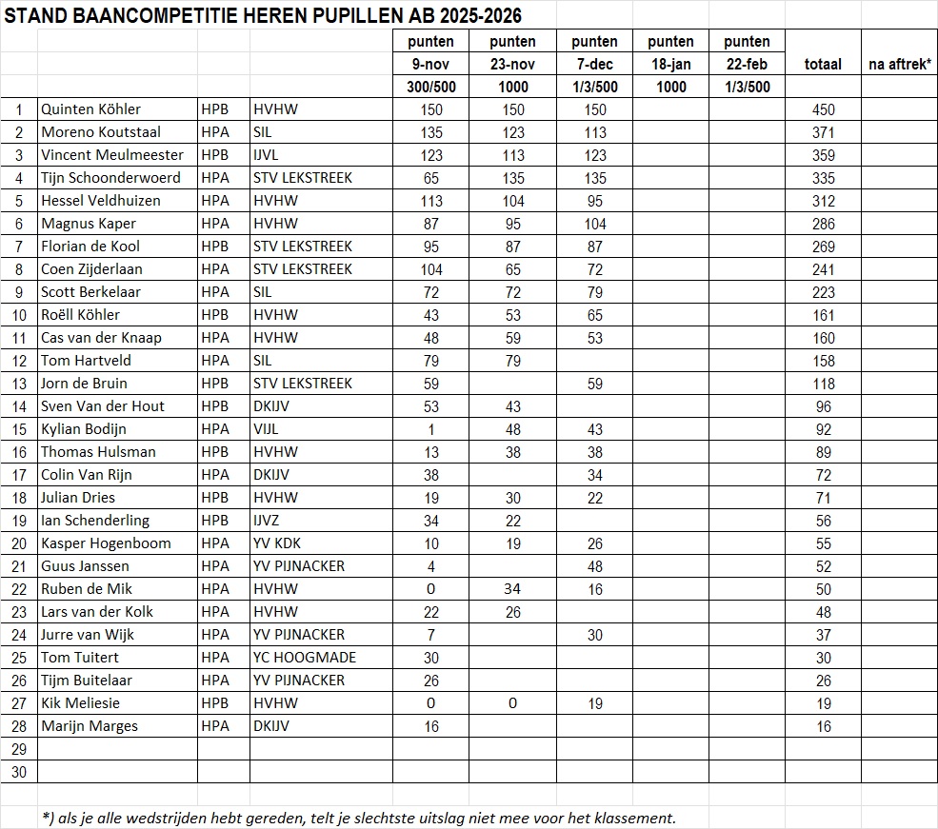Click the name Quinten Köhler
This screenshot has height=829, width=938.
[90, 109]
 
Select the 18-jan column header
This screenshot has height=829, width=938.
[670, 64]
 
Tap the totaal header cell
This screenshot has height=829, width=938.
[823, 65]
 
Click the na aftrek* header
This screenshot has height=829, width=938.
[899, 65]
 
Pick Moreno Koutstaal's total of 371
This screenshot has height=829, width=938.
[823, 132]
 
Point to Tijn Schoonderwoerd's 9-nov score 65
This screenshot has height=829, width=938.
[430, 178]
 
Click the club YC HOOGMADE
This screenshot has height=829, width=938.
[305, 658]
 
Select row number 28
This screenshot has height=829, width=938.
[19, 726]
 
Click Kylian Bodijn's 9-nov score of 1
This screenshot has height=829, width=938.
[430, 429]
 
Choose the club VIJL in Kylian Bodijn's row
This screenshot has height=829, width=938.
[268, 429]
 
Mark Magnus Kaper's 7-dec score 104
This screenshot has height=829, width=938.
[595, 224]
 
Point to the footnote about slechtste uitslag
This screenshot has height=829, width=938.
[359, 818]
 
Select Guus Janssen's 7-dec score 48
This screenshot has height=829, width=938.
[595, 566]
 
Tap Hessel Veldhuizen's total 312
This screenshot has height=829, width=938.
[823, 201]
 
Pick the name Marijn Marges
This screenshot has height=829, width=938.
[89, 726]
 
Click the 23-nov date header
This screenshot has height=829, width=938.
[512, 64]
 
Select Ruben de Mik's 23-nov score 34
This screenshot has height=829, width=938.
[512, 589]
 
